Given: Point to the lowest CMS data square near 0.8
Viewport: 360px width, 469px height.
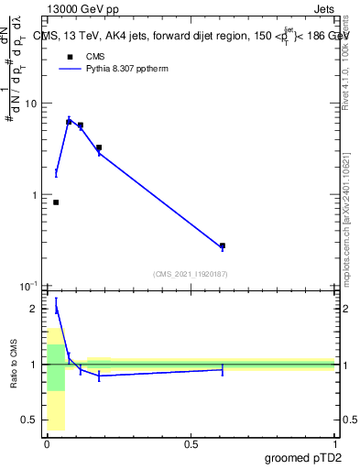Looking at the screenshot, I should click(x=56, y=202).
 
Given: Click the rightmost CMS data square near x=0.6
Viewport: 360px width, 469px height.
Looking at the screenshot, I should click(x=223, y=245).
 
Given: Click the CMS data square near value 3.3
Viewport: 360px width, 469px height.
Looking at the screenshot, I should click(x=99, y=147).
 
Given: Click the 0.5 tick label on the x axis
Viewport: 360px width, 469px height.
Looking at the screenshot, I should click(x=191, y=444).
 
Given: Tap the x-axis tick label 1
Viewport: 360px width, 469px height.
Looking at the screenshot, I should click(x=335, y=444).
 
